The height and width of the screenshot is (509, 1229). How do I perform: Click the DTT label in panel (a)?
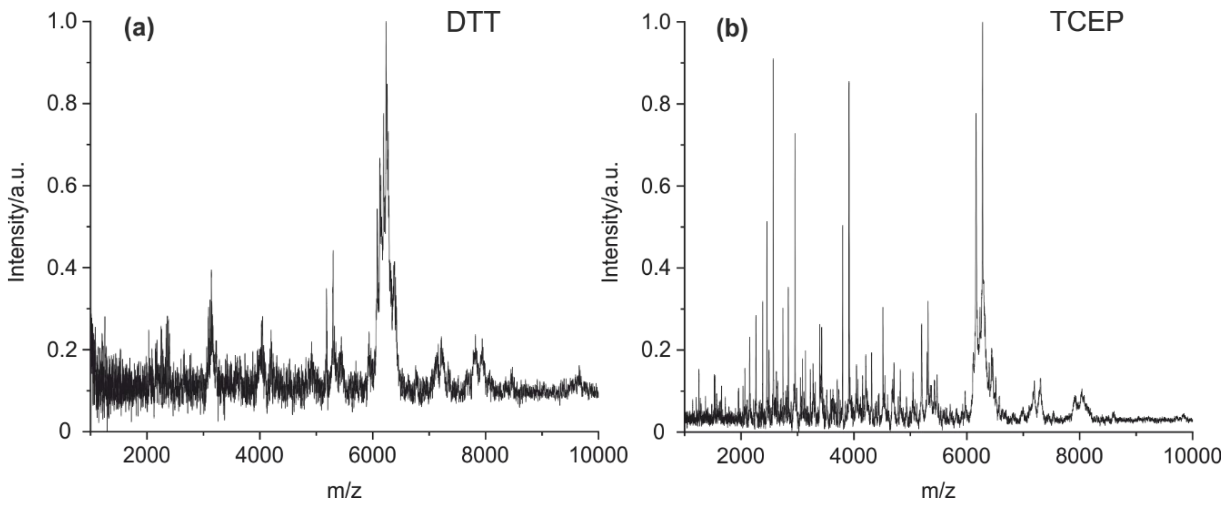coord(473,22)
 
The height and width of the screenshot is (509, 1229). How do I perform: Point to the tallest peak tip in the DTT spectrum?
coord(386,22)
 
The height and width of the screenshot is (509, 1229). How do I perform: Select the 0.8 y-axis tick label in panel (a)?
coord(62,104)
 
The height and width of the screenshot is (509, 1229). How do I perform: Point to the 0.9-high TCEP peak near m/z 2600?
coord(773,60)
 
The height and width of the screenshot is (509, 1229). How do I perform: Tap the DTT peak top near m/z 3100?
coord(211,271)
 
